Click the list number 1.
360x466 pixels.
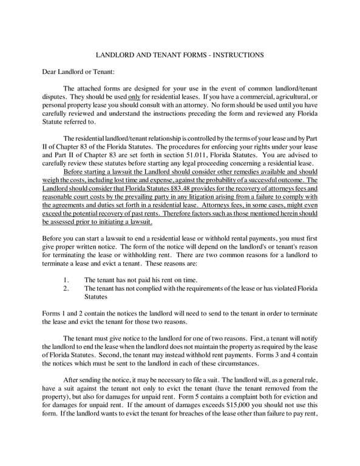coord(66,280)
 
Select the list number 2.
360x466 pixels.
coord(66,288)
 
